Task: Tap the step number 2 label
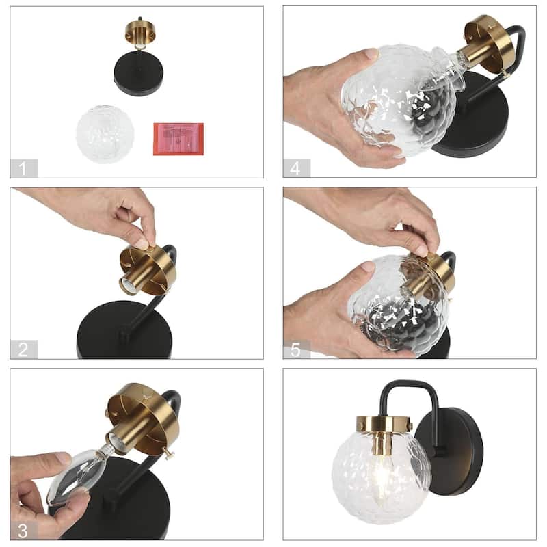click(x=24, y=349)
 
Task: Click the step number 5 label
click(x=297, y=349)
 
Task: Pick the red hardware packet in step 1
click(x=178, y=138)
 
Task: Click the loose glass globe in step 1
click(x=105, y=133)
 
